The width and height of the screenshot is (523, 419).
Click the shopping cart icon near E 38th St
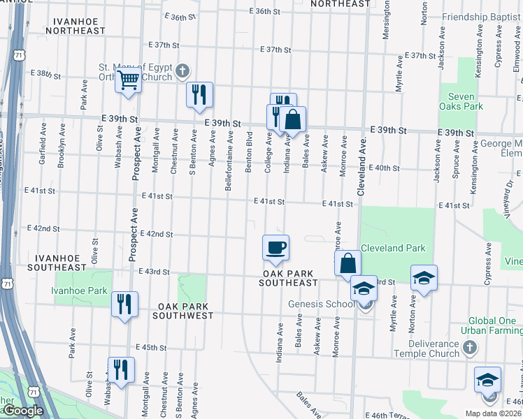pyautogui.click(x=129, y=80)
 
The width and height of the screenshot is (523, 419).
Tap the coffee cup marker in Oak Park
pyautogui.click(x=275, y=247)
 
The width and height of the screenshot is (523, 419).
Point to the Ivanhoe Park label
pyautogui.click(x=79, y=291)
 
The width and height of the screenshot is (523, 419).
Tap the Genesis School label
pyautogui.click(x=322, y=304)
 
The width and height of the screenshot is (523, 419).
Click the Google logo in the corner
pyautogui.click(x=22, y=411)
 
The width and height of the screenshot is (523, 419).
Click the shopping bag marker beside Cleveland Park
pyautogui.click(x=348, y=263)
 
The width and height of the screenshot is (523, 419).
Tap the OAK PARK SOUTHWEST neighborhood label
pyautogui.click(x=185, y=311)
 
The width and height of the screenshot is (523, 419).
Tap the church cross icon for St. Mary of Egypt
pyautogui.click(x=182, y=70)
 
